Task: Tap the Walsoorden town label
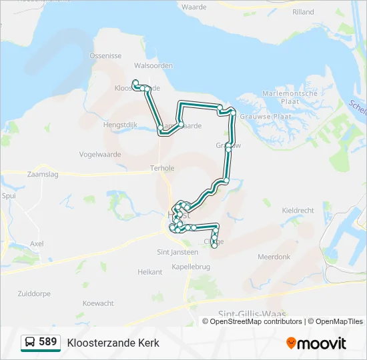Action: pyautogui.click(x=153, y=65)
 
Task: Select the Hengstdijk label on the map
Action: pyautogui.click(x=120, y=124)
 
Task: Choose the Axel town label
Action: pyautogui.click(x=37, y=244)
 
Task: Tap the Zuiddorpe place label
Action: pyautogui.click(x=34, y=293)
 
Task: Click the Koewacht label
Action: pyautogui.click(x=98, y=303)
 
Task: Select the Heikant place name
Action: pyautogui.click(x=149, y=272)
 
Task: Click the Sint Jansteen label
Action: pyautogui.click(x=177, y=252)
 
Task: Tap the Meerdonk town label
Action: pyautogui.click(x=274, y=257)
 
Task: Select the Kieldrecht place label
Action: pyautogui.click(x=298, y=210)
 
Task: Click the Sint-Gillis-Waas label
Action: pyautogui.click(x=250, y=313)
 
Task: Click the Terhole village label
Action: pyautogui.click(x=162, y=168)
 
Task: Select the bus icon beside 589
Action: pyautogui.click(x=30, y=343)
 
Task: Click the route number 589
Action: pyautogui.click(x=48, y=342)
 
